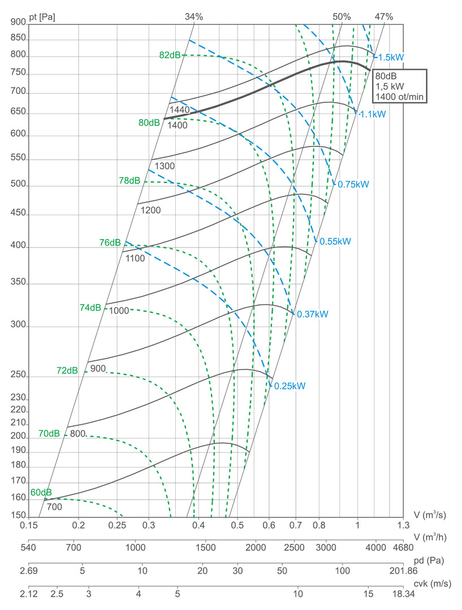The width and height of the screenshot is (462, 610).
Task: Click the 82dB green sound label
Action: point(170,55)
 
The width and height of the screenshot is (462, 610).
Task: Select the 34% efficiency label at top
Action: point(194,17)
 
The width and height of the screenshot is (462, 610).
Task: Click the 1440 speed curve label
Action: point(179,109)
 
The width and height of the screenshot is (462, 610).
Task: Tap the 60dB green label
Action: point(41,492)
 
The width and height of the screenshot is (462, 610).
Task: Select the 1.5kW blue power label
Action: point(391,58)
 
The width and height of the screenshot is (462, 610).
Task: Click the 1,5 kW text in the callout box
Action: point(390,86)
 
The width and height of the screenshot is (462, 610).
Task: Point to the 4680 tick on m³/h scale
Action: point(403,547)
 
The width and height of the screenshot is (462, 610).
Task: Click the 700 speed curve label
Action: point(54,507)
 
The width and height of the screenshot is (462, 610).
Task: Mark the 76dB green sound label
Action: point(110,243)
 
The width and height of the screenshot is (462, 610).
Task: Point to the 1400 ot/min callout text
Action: point(400,97)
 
